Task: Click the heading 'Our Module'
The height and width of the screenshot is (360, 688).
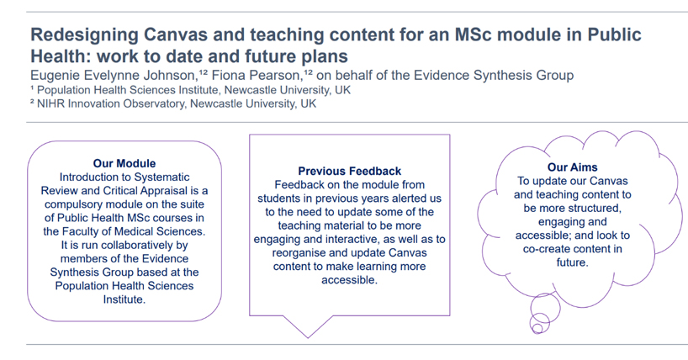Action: tap(124, 163)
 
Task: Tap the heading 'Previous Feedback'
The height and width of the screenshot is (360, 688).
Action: tap(350, 171)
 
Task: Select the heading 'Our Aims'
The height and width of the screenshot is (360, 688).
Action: tap(572, 167)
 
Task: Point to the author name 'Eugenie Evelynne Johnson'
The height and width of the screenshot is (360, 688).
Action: tap(114, 76)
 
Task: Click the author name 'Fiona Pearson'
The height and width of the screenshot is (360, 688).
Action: tap(257, 76)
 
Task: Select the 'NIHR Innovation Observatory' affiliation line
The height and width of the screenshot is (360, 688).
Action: tap(173, 104)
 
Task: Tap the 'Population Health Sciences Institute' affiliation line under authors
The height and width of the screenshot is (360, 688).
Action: tap(190, 91)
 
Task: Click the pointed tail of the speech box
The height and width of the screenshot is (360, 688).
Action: tap(308, 337)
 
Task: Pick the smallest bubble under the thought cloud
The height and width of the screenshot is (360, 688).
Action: tap(537, 328)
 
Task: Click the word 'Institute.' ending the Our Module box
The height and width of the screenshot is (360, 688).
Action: tap(124, 299)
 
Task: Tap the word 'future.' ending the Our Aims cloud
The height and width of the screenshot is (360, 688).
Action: tap(572, 262)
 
